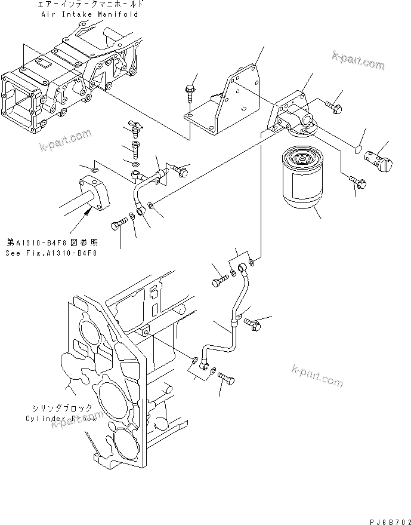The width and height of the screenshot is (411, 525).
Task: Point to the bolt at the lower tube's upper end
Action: click(x=219, y=277)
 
